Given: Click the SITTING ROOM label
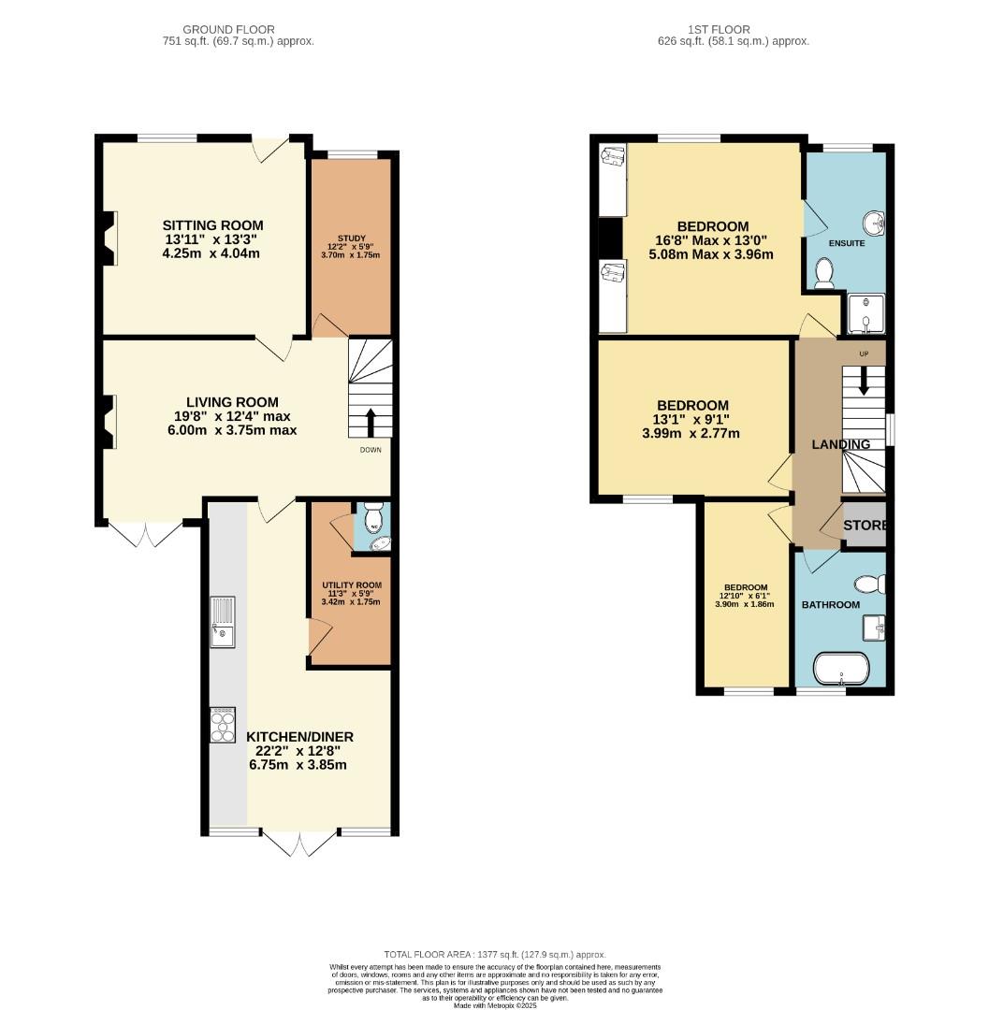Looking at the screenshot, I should (212, 225).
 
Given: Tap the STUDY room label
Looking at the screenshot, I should (351, 238).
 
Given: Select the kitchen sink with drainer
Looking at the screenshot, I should (224, 623).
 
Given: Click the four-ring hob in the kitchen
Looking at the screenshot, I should (223, 723).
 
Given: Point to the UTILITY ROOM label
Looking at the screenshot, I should (351, 585).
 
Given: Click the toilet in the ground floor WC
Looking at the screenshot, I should (373, 517).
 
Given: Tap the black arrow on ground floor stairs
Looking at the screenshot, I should (371, 422).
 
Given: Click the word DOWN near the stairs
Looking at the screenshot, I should (371, 450).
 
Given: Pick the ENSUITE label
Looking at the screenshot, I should (847, 243).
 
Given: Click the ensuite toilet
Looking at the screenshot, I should (824, 272).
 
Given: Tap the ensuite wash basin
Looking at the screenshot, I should (876, 224).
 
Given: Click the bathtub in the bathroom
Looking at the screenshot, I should (842, 670).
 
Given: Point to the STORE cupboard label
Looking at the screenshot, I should (864, 526).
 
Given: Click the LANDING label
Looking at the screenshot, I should (840, 445).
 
